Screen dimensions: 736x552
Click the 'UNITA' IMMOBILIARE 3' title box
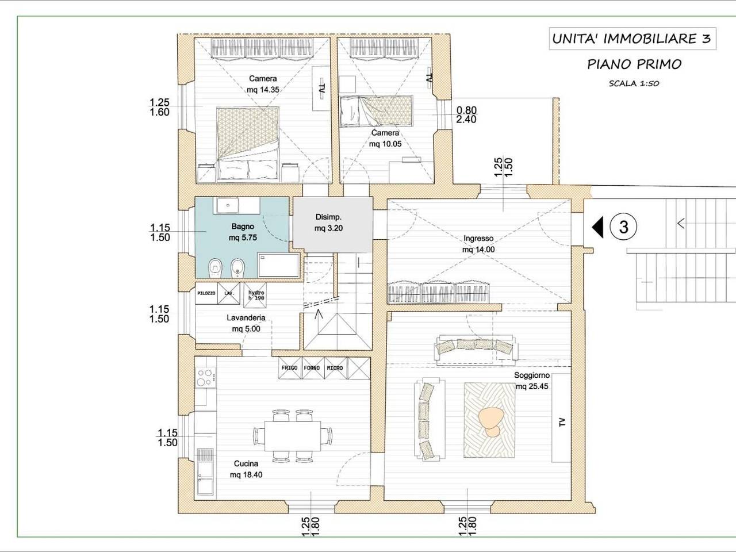coord(632,39)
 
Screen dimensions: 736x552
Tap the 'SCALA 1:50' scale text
coord(634,83)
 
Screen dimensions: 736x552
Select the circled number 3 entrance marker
coord(623,227)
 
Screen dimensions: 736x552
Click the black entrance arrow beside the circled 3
coord(597,227)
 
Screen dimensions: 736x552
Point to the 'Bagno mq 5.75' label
coord(243,232)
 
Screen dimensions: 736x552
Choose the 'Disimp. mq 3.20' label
coord(328,223)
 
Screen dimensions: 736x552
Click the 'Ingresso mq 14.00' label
coord(478,244)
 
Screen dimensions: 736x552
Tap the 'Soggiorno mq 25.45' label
coord(532,381)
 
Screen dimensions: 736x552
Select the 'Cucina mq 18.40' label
coord(246,469)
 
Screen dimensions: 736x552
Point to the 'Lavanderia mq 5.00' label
coord(246,323)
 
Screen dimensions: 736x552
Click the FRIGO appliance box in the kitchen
coord(290,368)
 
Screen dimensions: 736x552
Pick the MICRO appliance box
coord(335,368)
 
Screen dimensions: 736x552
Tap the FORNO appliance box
coord(312,368)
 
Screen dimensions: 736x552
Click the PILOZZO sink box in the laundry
coord(206,293)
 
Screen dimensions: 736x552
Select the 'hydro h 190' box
coord(255,296)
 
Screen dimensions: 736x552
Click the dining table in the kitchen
coord(293,435)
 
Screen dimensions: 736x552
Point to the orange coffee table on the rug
coord(491,421)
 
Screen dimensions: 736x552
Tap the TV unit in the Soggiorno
coord(561,417)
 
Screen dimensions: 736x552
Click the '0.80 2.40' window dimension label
coord(466,114)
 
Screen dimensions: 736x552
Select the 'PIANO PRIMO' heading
coord(634,64)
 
